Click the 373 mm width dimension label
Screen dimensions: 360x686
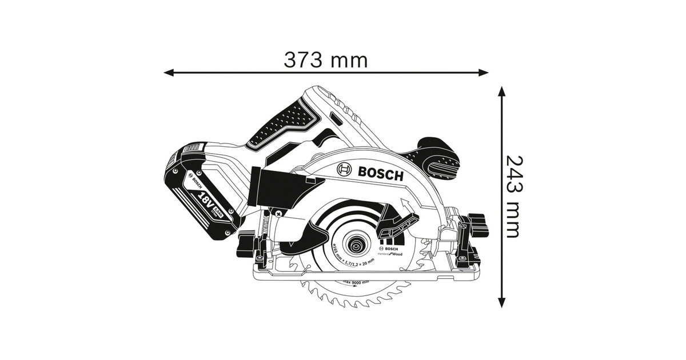tap(326, 59)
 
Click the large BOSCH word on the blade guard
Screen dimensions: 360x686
tap(381, 174)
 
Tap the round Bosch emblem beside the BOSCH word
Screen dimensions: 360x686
tap(345, 170)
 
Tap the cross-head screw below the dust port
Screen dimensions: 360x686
tap(278, 213)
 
